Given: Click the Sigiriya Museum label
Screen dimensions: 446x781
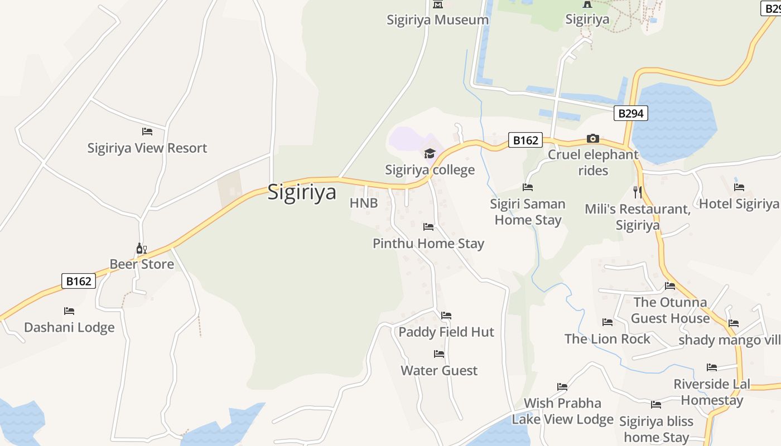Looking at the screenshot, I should [x=438, y=20].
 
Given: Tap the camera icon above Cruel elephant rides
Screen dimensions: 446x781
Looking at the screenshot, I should [x=592, y=138].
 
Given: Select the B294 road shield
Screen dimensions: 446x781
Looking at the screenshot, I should [x=631, y=113].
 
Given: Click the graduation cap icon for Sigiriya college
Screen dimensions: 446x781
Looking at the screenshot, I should [x=430, y=153].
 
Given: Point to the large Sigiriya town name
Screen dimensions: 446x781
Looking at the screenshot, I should [x=302, y=192].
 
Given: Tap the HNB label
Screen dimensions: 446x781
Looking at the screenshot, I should [x=364, y=203].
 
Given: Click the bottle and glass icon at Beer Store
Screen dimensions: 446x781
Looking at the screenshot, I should [x=141, y=248].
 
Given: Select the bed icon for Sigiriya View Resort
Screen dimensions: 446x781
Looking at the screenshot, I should [x=147, y=132].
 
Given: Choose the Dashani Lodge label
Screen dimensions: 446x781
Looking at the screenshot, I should [x=69, y=327].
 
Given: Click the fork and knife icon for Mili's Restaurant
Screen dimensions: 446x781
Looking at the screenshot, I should [x=638, y=192].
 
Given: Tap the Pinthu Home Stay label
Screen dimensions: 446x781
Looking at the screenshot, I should [x=428, y=243].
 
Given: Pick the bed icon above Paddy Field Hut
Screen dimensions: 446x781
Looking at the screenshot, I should [x=446, y=316].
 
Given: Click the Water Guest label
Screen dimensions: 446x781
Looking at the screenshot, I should [x=439, y=370].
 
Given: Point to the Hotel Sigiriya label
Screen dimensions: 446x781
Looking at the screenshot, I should [x=739, y=203].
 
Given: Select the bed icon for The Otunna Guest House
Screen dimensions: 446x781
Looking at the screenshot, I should [x=670, y=286].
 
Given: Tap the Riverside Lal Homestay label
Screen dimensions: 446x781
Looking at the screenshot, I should [x=712, y=392].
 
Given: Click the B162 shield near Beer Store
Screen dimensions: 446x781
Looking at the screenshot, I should [x=79, y=281].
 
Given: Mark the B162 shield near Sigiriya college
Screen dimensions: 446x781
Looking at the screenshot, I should [x=525, y=140].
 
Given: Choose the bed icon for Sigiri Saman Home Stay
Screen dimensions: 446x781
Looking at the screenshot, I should [x=528, y=187].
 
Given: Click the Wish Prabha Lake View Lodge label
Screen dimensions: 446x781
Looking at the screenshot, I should [x=562, y=411].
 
